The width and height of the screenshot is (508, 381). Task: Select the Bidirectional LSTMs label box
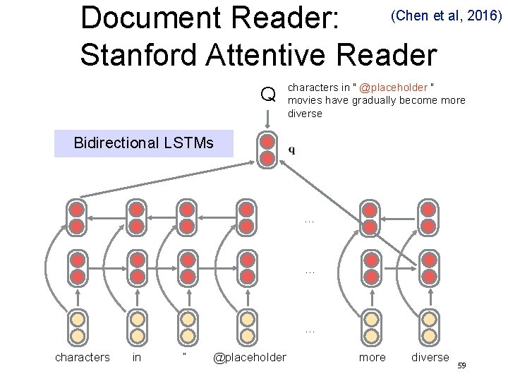pyautogui.click(x=143, y=143)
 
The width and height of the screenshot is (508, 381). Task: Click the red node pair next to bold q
pyautogui.click(x=267, y=150)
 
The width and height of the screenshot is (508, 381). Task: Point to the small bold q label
pyautogui.click(x=292, y=150)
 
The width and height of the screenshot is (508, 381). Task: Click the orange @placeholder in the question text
pyautogui.click(x=393, y=88)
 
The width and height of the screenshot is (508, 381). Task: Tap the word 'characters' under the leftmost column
pyautogui.click(x=83, y=357)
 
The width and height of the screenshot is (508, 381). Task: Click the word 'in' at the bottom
pyautogui.click(x=137, y=357)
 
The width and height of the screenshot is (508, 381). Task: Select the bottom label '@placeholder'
pyautogui.click(x=249, y=357)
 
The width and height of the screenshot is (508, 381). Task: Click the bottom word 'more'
pyautogui.click(x=372, y=357)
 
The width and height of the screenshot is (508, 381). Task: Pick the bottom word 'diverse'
pyautogui.click(x=430, y=357)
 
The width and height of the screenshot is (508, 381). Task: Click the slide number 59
pyautogui.click(x=462, y=365)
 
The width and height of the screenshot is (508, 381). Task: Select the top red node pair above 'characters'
pyautogui.click(x=77, y=217)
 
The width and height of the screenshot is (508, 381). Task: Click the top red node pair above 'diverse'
pyautogui.click(x=427, y=217)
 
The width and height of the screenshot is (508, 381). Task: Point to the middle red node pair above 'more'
pyautogui.click(x=369, y=268)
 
